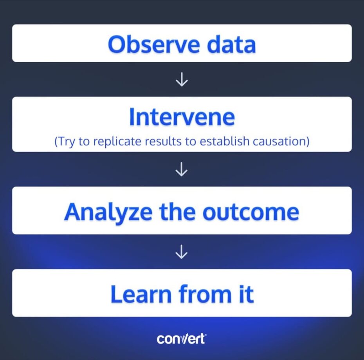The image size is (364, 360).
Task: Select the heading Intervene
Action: tap(182, 116)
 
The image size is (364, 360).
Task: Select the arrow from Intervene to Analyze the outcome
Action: tap(182, 169)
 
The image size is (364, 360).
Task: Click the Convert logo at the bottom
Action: tap(181, 338)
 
